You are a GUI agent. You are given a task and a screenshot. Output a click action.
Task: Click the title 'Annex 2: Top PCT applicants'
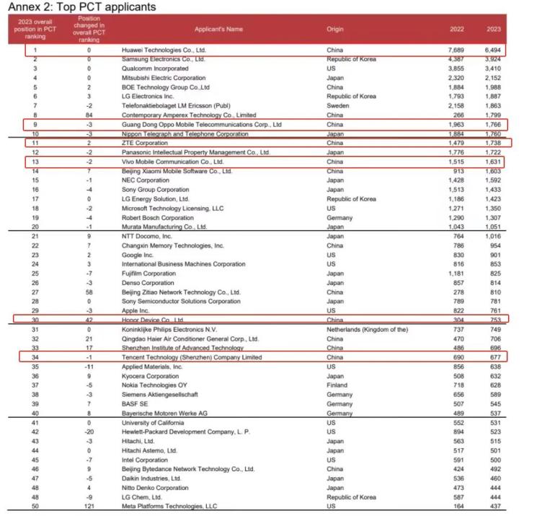pyautogui.click(x=80, y=7)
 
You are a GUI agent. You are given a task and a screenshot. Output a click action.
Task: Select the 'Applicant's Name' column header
pyautogui.click(x=218, y=30)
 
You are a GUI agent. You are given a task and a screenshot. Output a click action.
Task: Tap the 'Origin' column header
pyautogui.click(x=335, y=30)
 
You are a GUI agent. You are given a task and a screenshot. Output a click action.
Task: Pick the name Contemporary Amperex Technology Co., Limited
pyautogui.click(x=189, y=115)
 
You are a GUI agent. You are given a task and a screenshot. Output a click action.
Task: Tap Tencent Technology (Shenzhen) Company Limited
pyautogui.click(x=192, y=357)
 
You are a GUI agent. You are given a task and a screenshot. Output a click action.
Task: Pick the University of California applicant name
pyautogui.click(x=160, y=423)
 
